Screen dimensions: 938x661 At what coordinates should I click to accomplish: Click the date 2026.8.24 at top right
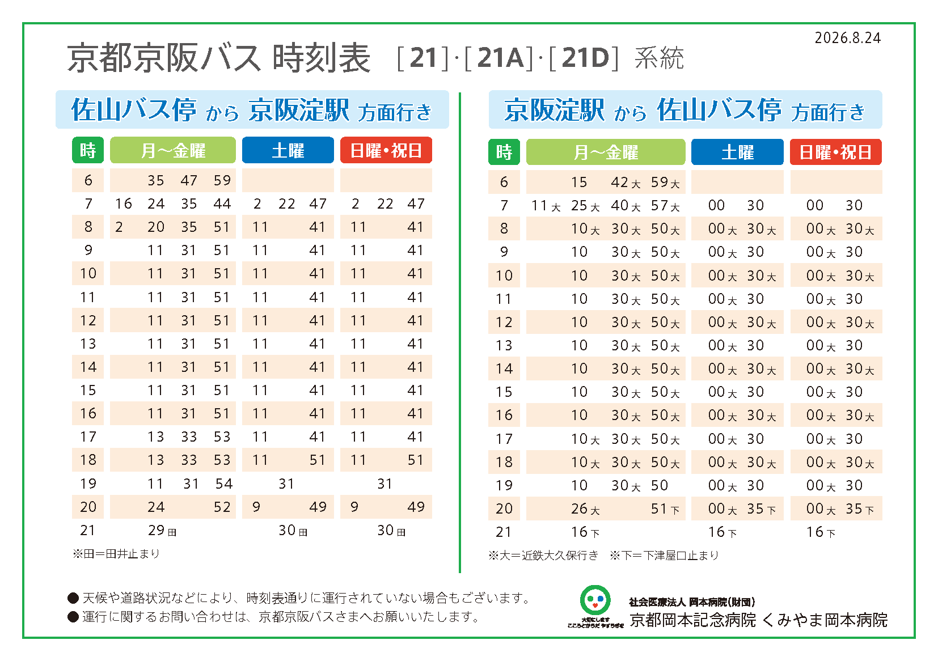point(848,38)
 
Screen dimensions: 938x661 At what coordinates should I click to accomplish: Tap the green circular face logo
point(595,600)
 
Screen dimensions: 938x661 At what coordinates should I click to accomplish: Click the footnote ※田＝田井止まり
point(116,554)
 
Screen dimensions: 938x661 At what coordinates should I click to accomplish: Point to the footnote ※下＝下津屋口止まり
point(664,556)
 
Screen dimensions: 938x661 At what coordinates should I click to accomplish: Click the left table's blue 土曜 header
point(288,150)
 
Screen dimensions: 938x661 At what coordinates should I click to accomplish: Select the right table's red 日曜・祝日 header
point(836,152)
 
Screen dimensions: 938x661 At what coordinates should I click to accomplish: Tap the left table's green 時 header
point(87,150)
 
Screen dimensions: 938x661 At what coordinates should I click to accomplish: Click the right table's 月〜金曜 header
point(606,152)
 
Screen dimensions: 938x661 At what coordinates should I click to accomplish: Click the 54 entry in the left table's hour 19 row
point(223,484)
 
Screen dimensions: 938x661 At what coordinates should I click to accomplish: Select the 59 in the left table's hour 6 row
point(222,180)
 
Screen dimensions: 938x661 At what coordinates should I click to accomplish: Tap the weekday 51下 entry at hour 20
point(665,509)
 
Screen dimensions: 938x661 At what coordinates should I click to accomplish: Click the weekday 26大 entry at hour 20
point(585,509)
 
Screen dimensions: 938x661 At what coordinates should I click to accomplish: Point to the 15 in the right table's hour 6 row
point(579,182)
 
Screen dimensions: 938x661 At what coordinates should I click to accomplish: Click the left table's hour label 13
point(88,344)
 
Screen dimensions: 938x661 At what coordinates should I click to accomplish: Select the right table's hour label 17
point(504,439)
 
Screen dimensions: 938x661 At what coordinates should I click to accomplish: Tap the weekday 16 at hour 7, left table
point(124,204)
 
